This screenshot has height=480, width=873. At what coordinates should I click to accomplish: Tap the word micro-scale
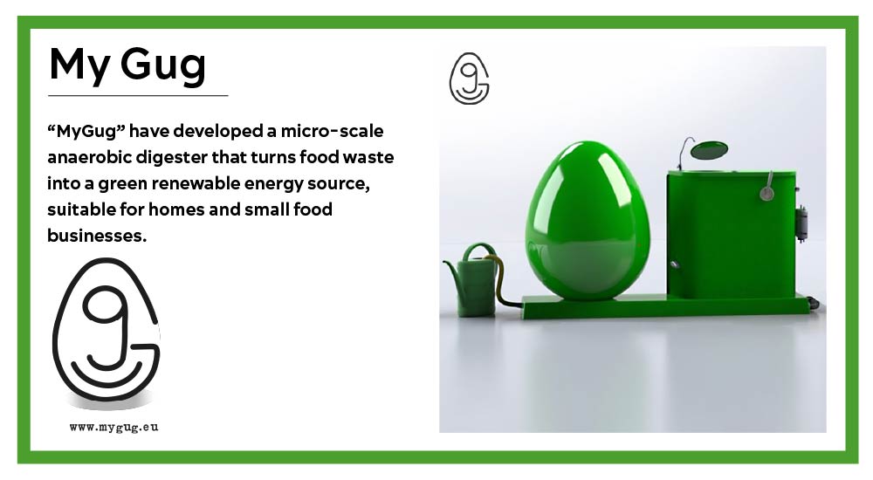[x=332, y=132]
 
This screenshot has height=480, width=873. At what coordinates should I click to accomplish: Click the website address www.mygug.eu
[x=114, y=428]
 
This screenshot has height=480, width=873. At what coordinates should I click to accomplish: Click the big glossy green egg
[x=588, y=221]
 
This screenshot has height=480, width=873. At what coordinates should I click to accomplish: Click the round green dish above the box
[x=709, y=149]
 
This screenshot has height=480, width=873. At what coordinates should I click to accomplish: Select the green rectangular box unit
[x=731, y=235]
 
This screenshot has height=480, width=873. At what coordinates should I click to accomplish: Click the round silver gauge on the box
[x=766, y=194]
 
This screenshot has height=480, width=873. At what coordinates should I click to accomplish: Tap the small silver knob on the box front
[x=674, y=264]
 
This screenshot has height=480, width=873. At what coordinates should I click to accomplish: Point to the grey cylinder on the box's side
[x=801, y=223]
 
